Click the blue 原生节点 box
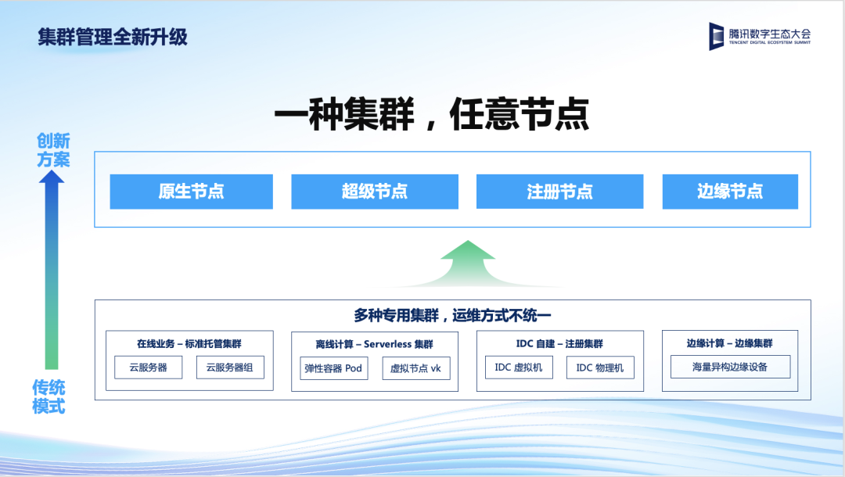point(192,191)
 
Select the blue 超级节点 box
point(375,191)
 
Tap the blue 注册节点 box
point(560,191)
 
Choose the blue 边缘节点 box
point(730,191)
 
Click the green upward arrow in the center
point(468,263)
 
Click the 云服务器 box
point(148,368)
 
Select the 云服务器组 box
point(230,368)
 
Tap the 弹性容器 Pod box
point(333,368)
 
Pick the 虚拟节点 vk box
point(416,368)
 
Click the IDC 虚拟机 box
point(519,368)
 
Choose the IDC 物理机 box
point(600,368)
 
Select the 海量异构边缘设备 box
point(730,367)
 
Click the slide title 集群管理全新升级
point(113,38)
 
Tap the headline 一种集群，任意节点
point(432,114)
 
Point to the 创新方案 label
point(53,150)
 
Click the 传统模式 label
point(49,396)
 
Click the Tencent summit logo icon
point(716,36)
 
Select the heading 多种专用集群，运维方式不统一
point(452,315)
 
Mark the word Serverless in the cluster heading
point(387,344)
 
